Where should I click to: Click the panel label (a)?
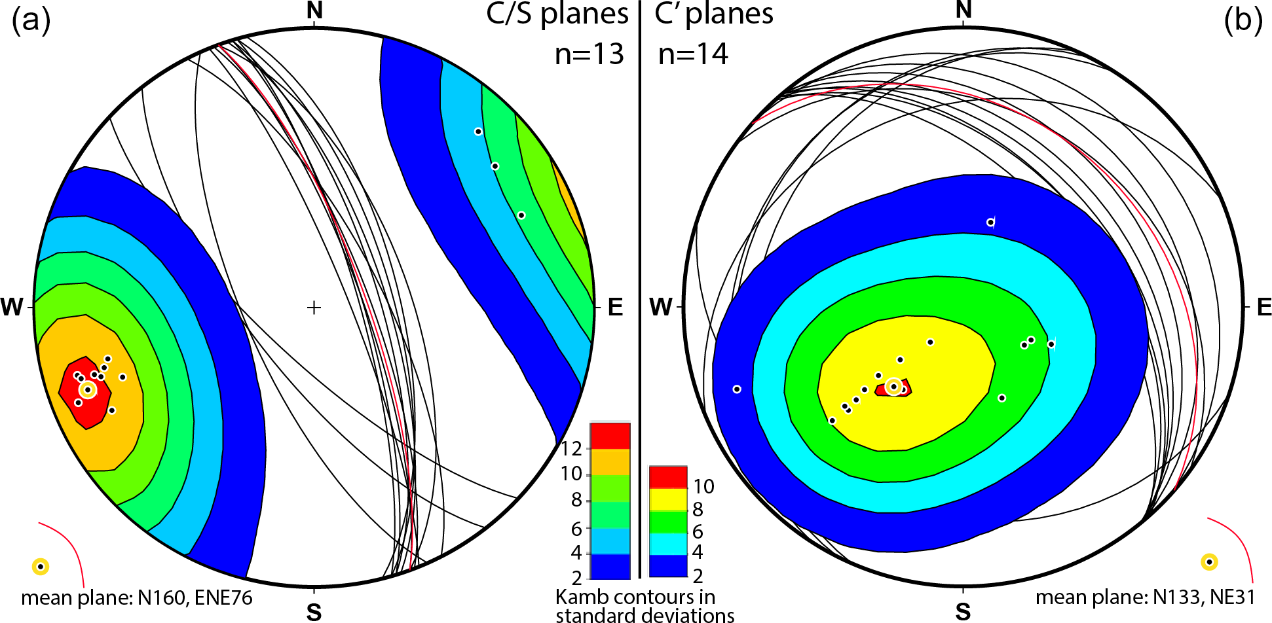point(31,21)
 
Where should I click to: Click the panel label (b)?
point(1243,21)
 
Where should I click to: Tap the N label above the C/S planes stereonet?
point(315,10)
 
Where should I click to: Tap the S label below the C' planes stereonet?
point(963,612)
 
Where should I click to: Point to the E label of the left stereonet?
point(615,307)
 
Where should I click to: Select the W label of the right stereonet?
point(660,307)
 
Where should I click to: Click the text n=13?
point(589,54)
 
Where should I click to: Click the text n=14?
point(692,54)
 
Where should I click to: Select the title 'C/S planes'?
point(557,14)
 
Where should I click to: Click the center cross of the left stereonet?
point(314,307)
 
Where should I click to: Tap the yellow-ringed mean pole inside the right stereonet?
point(893,387)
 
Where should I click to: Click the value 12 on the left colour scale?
point(571,449)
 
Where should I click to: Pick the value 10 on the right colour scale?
point(703,486)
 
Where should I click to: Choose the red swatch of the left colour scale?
point(610,436)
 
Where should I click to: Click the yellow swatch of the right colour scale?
point(667,499)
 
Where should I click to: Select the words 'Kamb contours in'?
point(635,597)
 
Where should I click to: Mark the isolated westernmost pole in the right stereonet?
point(737,389)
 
